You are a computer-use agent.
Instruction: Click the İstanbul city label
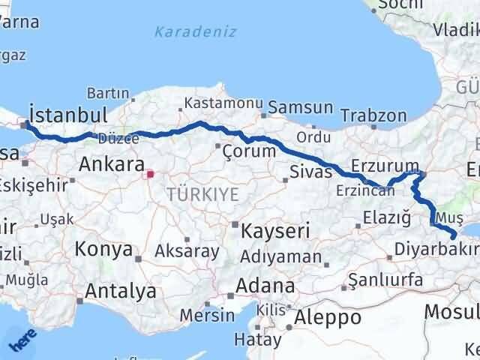point(66,115)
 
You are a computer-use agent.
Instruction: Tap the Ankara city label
point(110,164)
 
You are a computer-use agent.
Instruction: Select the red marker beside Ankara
point(150,175)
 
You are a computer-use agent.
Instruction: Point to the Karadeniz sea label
point(195,31)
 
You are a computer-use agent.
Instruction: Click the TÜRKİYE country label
point(202,194)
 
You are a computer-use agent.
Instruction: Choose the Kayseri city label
point(275,231)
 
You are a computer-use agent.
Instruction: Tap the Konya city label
point(104,250)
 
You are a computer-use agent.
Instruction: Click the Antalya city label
point(121,290)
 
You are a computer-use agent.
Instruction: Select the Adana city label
point(265,286)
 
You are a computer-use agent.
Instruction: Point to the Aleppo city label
point(328,317)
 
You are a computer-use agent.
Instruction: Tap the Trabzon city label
point(373,116)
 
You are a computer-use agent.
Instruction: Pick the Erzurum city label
point(384,166)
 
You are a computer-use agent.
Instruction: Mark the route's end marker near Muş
point(453,237)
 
